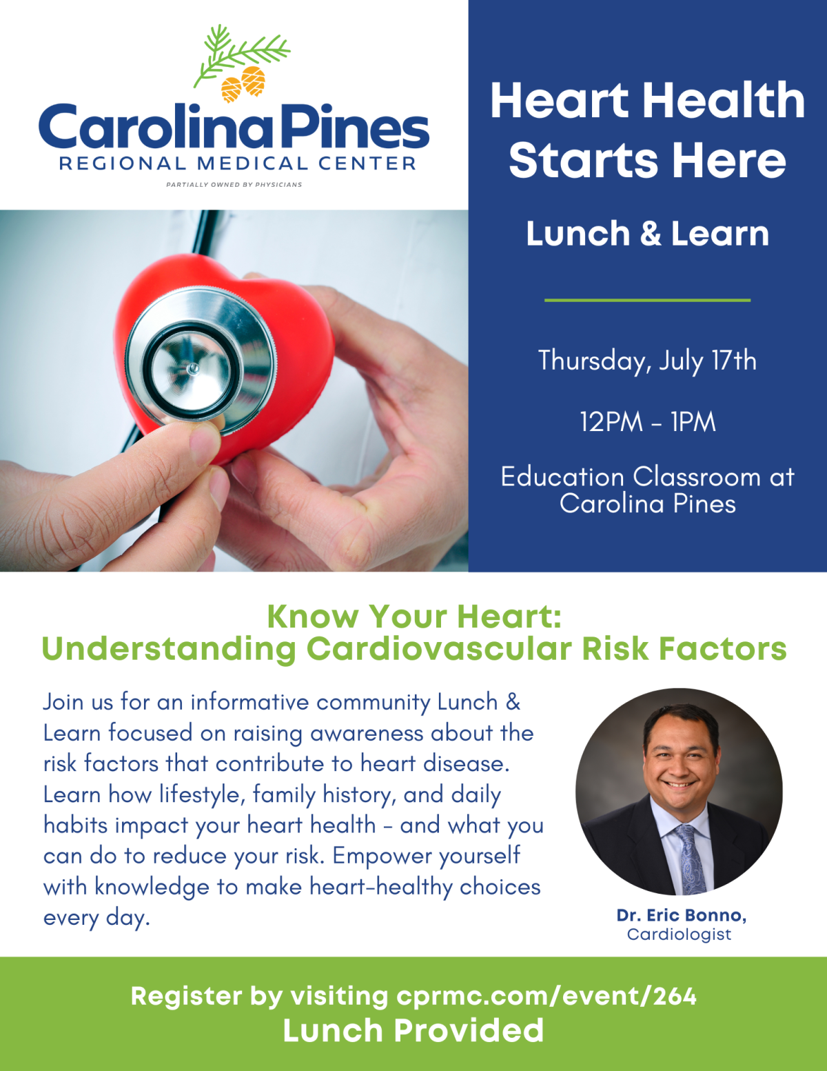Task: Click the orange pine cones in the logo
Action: click(243, 84)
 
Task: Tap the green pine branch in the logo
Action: click(241, 54)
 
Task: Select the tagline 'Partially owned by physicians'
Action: click(234, 184)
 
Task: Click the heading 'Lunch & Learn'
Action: click(647, 233)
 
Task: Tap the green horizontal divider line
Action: click(647, 300)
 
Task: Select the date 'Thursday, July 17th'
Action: click(647, 361)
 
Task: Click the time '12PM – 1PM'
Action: click(647, 422)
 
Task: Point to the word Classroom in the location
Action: click(697, 477)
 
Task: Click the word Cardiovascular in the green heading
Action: click(439, 648)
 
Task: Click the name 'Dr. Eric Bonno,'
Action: click(681, 915)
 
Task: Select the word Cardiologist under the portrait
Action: click(680, 934)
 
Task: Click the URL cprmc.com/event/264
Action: click(547, 996)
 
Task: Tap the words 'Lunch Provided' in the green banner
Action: click(413, 1030)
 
